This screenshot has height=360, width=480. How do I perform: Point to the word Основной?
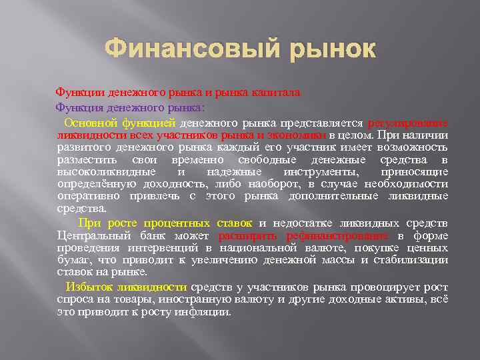tap(91, 123)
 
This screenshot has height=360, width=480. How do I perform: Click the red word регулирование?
tap(408, 123)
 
